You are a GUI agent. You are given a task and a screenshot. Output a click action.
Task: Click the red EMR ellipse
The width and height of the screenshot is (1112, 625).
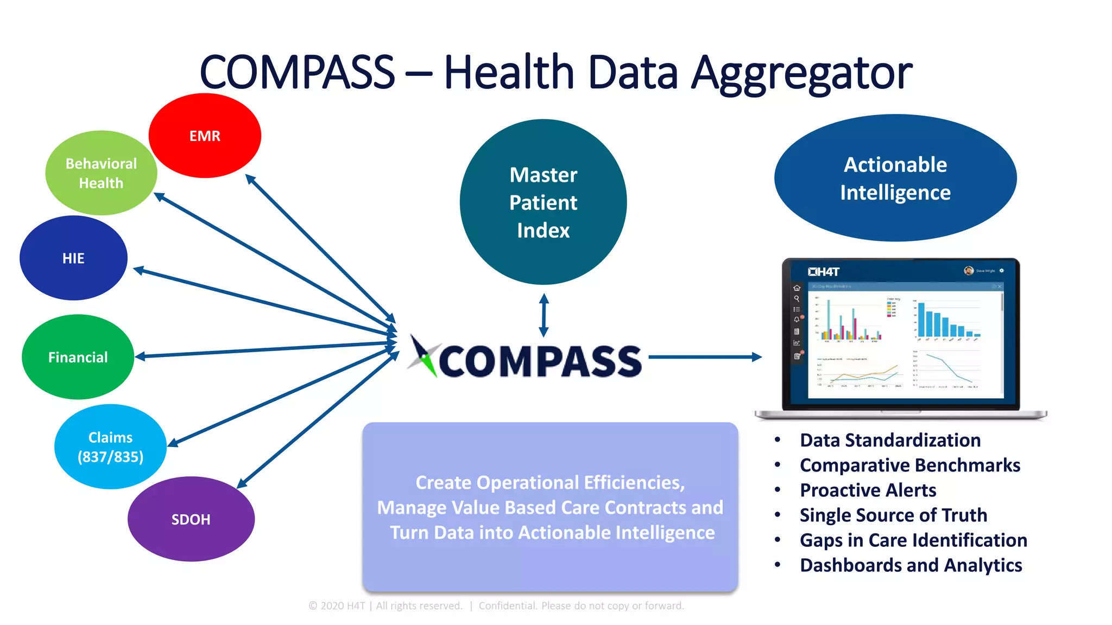click(205, 136)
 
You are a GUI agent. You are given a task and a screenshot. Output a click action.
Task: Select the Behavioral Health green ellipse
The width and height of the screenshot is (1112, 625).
click(101, 173)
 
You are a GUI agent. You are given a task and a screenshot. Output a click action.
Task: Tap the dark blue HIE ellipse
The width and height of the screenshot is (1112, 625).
click(73, 258)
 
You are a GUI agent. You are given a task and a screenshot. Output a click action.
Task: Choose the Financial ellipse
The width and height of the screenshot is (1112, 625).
click(78, 357)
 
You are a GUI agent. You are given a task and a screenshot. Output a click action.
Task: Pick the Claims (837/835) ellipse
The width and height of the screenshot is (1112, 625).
click(110, 447)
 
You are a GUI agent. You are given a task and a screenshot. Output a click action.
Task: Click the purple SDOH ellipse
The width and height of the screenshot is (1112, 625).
click(191, 519)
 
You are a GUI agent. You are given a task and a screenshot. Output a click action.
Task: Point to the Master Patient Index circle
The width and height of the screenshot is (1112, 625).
click(543, 202)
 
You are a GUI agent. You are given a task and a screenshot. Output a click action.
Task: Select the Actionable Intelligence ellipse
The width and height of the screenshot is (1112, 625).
click(895, 178)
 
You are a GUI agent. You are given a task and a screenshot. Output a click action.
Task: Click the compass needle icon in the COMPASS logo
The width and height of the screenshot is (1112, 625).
click(422, 356)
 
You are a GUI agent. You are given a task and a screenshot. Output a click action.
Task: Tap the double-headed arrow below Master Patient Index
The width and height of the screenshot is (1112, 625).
click(544, 315)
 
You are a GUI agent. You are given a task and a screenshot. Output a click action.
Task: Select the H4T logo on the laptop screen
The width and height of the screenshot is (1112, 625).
click(824, 272)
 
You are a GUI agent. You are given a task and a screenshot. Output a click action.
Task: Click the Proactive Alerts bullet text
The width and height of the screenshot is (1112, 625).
click(868, 490)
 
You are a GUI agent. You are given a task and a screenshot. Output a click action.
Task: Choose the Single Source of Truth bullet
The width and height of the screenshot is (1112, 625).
click(893, 515)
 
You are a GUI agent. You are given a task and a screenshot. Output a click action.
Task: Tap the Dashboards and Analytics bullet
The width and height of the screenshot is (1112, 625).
click(911, 565)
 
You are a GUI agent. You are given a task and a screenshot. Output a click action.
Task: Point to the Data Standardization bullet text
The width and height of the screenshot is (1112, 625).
click(890, 440)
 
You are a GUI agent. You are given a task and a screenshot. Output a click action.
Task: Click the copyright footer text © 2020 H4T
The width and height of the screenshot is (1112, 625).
click(337, 606)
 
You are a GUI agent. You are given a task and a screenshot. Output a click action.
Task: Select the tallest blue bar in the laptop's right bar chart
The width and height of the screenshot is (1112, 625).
click(921, 320)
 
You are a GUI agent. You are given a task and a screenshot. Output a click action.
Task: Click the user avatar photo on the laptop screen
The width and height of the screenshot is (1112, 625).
click(968, 271)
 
